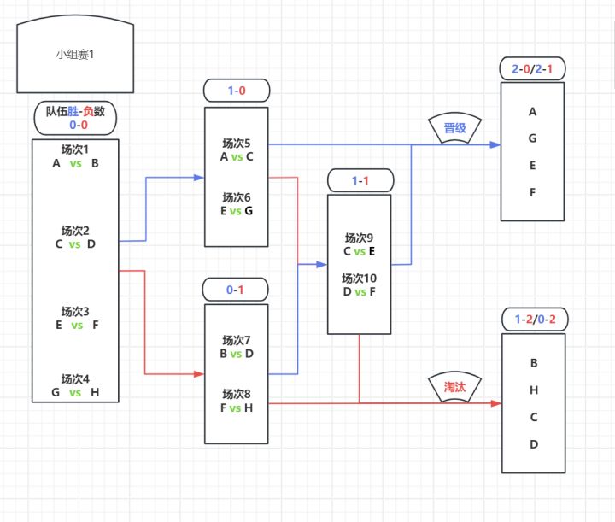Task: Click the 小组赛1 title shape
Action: [76, 55]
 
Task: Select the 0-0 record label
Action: [75, 125]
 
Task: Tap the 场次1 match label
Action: [75, 150]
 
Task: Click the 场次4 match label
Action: [75, 378]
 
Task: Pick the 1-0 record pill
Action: [237, 90]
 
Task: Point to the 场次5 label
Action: [237, 144]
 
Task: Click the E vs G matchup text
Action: [237, 211]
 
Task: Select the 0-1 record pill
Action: [236, 290]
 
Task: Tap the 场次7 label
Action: [237, 340]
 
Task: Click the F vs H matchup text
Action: [237, 408]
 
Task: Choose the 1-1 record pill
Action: [360, 180]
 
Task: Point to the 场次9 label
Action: [360, 238]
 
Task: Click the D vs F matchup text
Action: [360, 292]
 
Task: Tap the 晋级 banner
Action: [454, 127]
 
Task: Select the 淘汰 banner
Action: [454, 386]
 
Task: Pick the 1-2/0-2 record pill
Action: [533, 320]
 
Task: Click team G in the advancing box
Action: [533, 138]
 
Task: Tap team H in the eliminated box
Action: [534, 390]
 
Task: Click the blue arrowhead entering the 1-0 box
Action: [199, 179]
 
